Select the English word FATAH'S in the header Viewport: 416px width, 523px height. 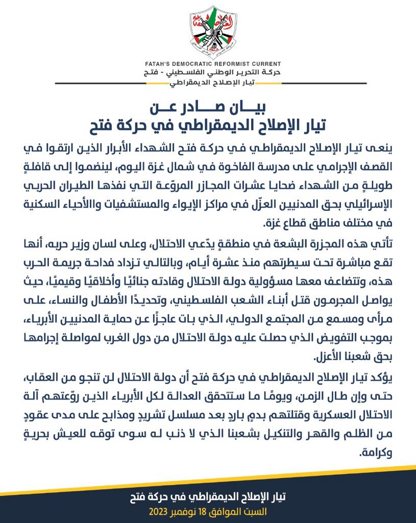click(159, 64)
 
